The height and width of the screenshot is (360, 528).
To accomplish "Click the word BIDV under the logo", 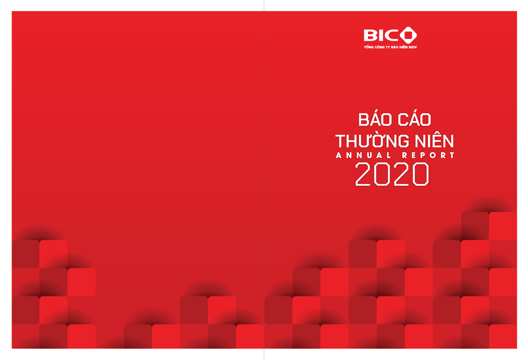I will click(412, 47).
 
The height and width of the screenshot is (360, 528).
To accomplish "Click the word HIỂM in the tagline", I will click(402, 47).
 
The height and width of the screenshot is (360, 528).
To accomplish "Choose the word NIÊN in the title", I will click(433, 141).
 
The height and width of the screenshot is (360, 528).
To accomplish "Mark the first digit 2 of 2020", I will click(364, 174).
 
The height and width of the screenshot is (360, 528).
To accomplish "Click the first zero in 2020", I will click(383, 174).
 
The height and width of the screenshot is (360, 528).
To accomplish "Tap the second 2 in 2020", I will click(402, 174).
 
